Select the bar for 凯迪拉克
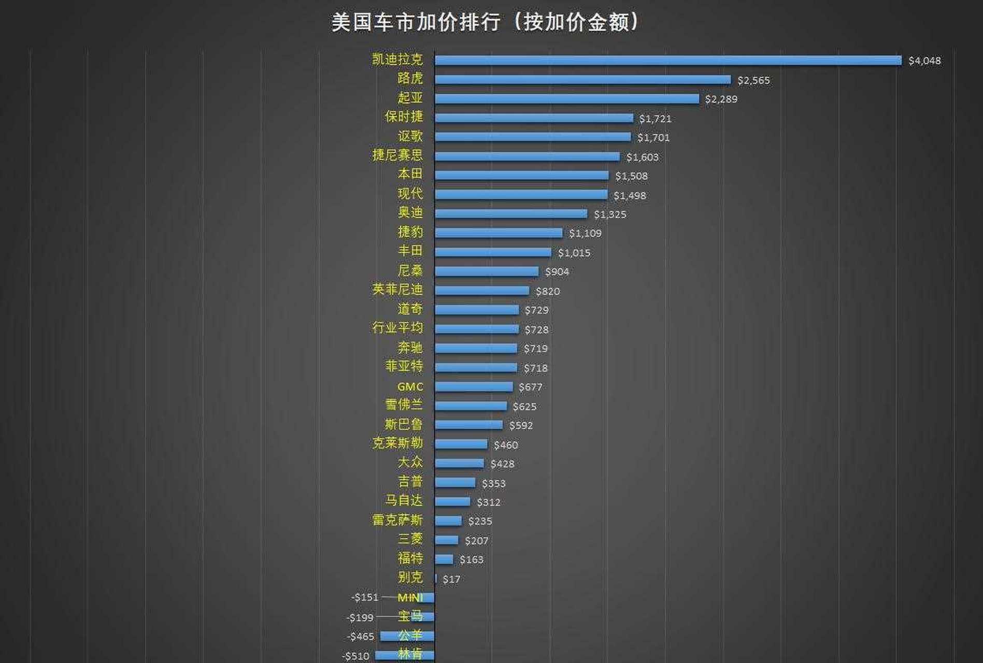[x=668, y=61]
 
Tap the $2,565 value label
[x=753, y=80]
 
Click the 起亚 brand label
[x=410, y=98]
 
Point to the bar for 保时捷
[x=534, y=118]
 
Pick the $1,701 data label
[x=653, y=138]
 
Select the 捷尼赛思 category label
[x=397, y=155]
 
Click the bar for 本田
[x=521, y=176]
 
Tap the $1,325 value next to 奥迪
[x=610, y=214]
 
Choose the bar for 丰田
[x=493, y=252]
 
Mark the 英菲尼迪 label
[x=397, y=290]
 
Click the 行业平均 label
[x=397, y=328]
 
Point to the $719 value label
[x=535, y=349]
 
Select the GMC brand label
[x=410, y=387]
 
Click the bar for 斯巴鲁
[x=468, y=425]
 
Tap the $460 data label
[x=505, y=445]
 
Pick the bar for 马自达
[x=452, y=502]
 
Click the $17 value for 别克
[x=451, y=579]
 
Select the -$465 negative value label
[x=360, y=637]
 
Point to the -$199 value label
[x=360, y=617]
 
